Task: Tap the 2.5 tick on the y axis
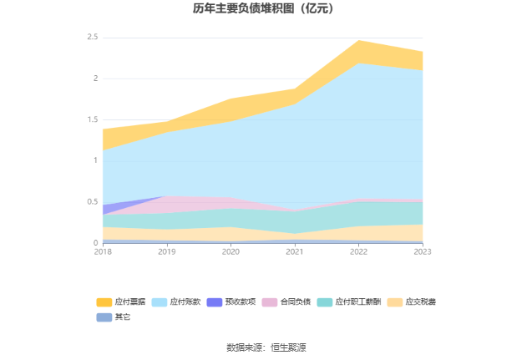tap(92, 38)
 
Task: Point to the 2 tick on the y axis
tap(95, 79)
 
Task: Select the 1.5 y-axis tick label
tap(92, 119)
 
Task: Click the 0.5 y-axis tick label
tap(92, 202)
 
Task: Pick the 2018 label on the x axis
tap(103, 251)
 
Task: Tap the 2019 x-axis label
tap(167, 251)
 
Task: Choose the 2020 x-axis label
tap(231, 251)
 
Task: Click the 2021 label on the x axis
tap(295, 251)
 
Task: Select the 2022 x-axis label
tap(358, 251)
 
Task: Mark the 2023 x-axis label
tap(423, 251)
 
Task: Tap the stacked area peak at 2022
tap(358, 41)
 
